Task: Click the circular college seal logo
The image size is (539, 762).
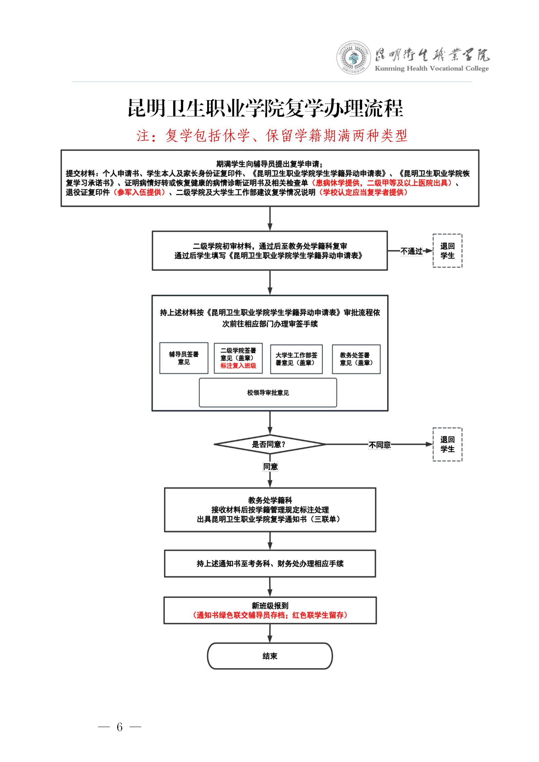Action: click(354, 58)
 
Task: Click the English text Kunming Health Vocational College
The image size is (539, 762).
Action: click(432, 68)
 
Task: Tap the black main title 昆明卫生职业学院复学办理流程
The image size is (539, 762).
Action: click(265, 108)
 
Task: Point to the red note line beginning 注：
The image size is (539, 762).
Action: click(272, 135)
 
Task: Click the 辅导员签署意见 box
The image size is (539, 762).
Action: click(184, 358)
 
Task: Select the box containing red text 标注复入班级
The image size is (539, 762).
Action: click(238, 358)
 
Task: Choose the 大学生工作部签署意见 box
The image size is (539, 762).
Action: click(296, 359)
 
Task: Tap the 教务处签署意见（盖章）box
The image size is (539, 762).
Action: click(356, 359)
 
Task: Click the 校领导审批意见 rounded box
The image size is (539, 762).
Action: click(268, 392)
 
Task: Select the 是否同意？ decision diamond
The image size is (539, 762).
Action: click(270, 444)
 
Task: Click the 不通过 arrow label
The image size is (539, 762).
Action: click(411, 251)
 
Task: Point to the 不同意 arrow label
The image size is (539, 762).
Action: click(380, 445)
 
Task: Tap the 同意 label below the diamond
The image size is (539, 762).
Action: click(270, 467)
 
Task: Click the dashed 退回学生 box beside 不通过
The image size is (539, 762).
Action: click(447, 251)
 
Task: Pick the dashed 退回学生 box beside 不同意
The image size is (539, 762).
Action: click(447, 444)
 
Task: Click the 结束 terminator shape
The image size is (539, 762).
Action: click(270, 656)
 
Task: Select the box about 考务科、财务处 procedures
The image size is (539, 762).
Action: click(270, 563)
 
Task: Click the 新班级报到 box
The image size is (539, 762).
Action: click(270, 610)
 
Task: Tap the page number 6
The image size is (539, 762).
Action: click(120, 727)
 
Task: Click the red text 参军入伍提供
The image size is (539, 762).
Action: click(139, 192)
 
